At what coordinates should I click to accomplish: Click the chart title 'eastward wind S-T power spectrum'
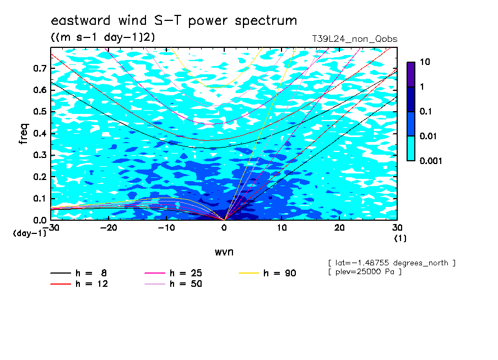tap(174, 20)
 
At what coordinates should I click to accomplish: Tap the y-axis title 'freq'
tap(24, 134)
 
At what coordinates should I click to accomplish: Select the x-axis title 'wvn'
tap(224, 252)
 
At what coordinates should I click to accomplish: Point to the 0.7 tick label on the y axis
tap(40, 68)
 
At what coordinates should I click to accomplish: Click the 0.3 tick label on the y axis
tap(40, 155)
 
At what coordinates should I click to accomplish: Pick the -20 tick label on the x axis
tap(109, 228)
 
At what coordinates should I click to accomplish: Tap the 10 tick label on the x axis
tap(282, 228)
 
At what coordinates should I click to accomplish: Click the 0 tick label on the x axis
tap(224, 228)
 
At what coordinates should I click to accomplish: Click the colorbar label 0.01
tap(429, 137)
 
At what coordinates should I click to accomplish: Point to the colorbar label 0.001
tap(431, 161)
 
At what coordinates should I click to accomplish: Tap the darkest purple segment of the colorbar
tap(411, 75)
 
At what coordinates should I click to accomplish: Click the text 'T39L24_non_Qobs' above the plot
tap(354, 39)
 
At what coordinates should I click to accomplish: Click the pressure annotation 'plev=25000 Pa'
tap(365, 272)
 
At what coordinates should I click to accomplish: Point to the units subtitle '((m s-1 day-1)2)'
tap(103, 37)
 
